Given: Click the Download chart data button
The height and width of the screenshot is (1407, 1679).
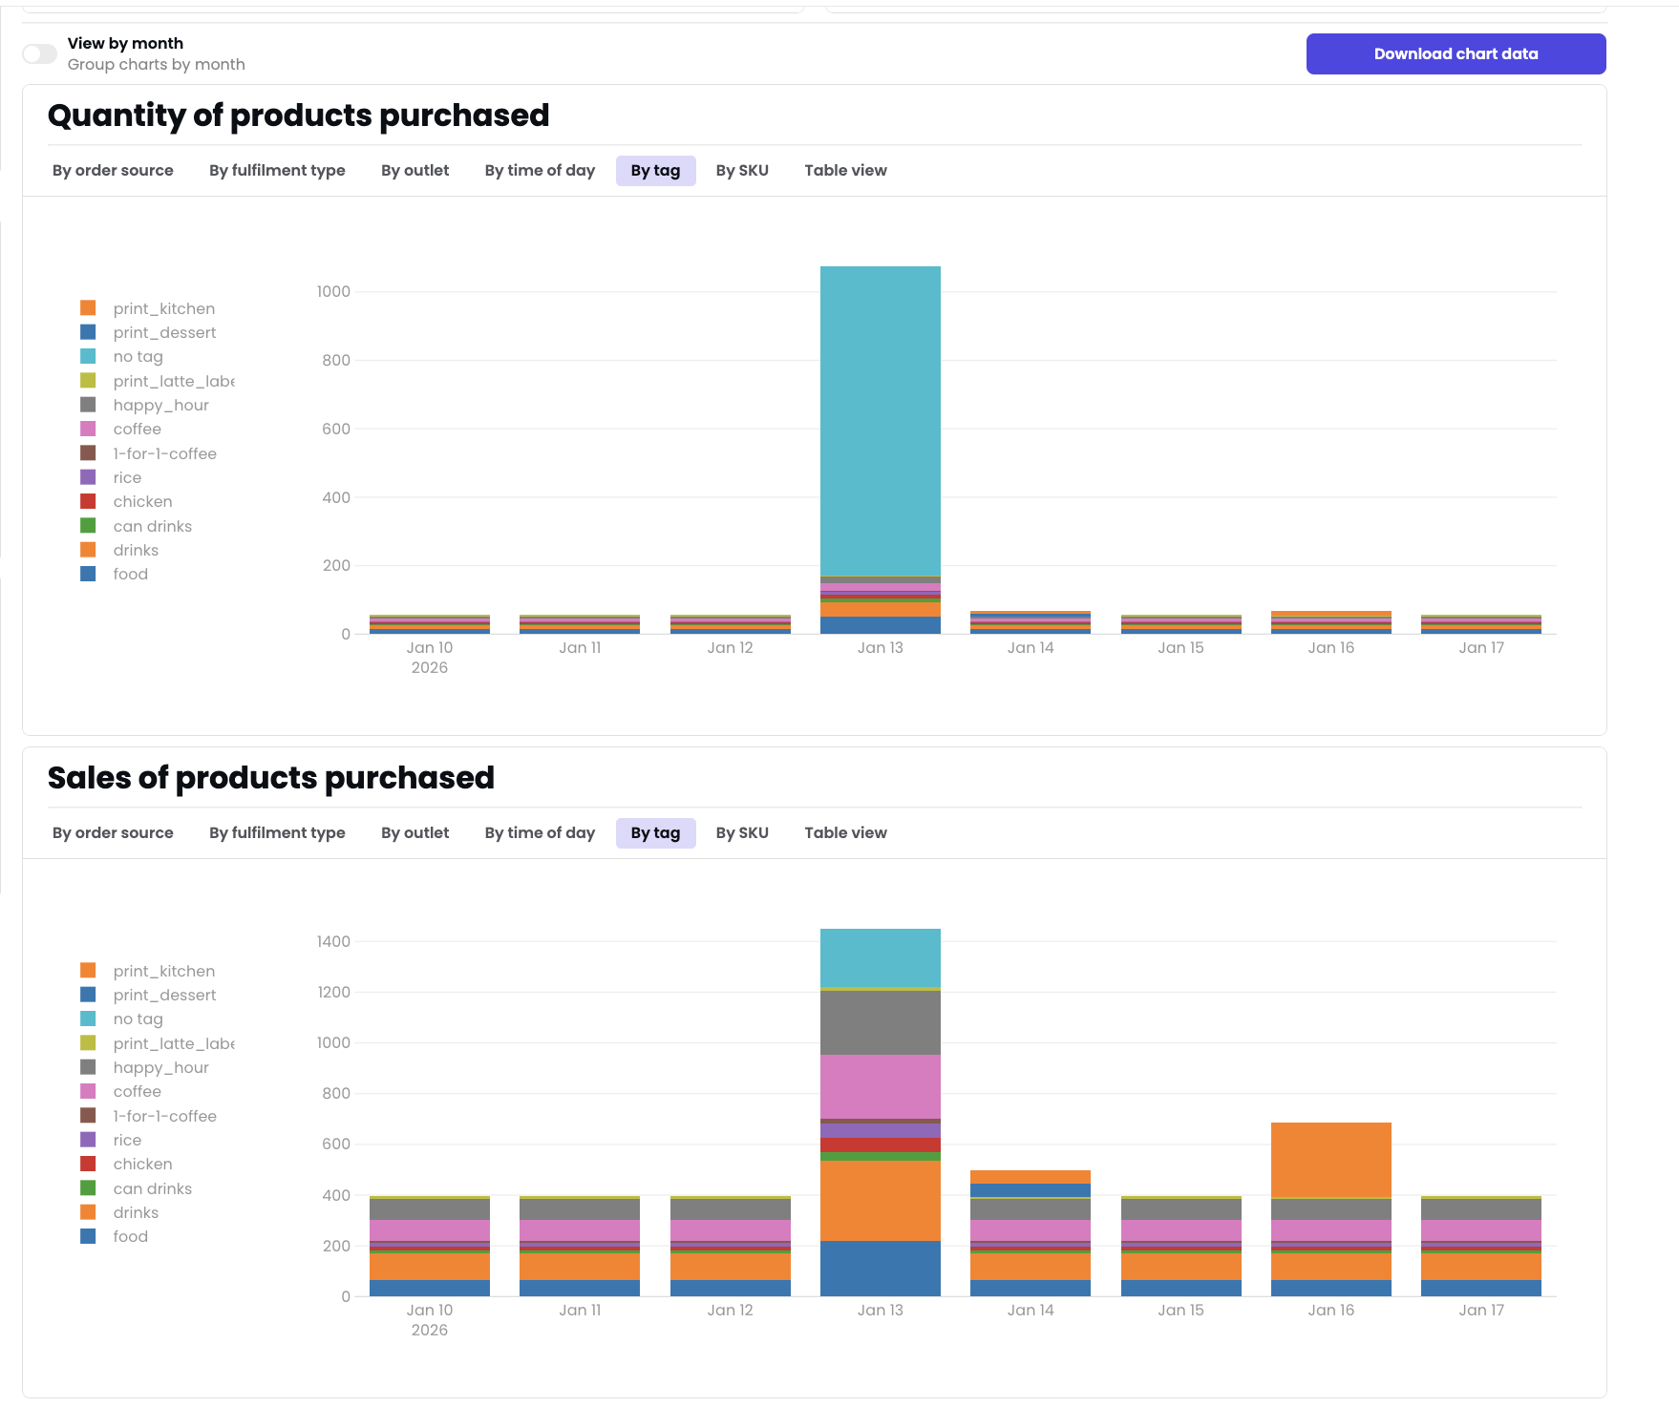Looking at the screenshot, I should coord(1455,54).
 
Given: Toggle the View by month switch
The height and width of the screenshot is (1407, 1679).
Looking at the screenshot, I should coord(40,54).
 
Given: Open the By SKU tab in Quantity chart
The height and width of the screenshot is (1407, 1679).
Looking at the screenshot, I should coord(742,171).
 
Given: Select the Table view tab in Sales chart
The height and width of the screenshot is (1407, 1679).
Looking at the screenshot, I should coord(845,833).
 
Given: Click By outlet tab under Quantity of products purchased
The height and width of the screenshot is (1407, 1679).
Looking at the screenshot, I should coord(414,171).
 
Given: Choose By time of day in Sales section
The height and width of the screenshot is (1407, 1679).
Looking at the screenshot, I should coord(540,833).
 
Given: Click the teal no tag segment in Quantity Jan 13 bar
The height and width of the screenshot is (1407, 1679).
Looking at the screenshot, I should coord(880,420).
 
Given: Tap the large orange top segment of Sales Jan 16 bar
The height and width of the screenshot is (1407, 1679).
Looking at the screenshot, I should coord(1330,1159).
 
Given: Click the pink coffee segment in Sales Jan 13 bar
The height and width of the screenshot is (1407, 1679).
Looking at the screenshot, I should coord(880,1086).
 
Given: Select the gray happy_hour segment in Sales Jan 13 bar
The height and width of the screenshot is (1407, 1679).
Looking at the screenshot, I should coord(880,1022).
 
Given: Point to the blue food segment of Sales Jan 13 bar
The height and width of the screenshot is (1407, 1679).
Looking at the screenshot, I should coord(880,1269).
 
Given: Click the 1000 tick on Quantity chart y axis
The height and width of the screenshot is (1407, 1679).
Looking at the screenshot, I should coord(333,292).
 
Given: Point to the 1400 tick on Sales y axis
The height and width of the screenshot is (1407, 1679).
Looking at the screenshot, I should coord(333,942).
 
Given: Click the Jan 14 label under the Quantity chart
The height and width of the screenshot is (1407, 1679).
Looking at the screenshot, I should coord(1030,648).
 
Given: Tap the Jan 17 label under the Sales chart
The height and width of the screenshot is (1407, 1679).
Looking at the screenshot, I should coord(1480,1311).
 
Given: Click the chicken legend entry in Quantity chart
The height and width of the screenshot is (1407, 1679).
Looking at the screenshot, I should coord(142,502).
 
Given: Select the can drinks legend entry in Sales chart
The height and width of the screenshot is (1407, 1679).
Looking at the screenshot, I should coord(152,1189).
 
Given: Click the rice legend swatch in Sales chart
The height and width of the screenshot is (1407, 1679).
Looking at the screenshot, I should coord(88,1140).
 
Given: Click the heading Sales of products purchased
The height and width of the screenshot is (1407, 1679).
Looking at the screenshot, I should coord(271,778).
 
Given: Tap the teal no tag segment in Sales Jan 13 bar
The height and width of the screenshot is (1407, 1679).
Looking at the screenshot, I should coord(880,957).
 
